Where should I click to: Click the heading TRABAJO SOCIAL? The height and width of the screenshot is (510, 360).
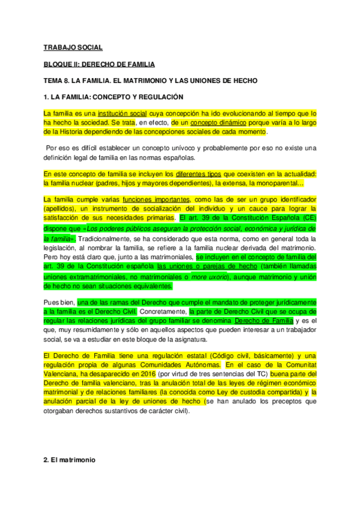73,47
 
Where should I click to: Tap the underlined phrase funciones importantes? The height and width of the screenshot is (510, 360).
155,200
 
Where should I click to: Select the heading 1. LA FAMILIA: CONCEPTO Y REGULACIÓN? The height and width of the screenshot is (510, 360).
114,96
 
